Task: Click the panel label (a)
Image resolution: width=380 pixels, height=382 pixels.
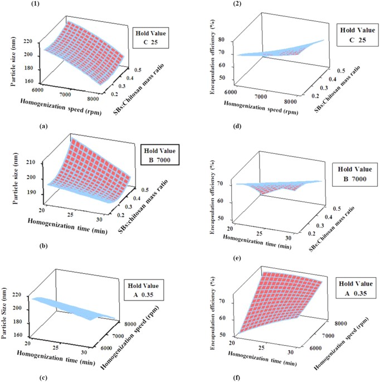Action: [43, 127]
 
